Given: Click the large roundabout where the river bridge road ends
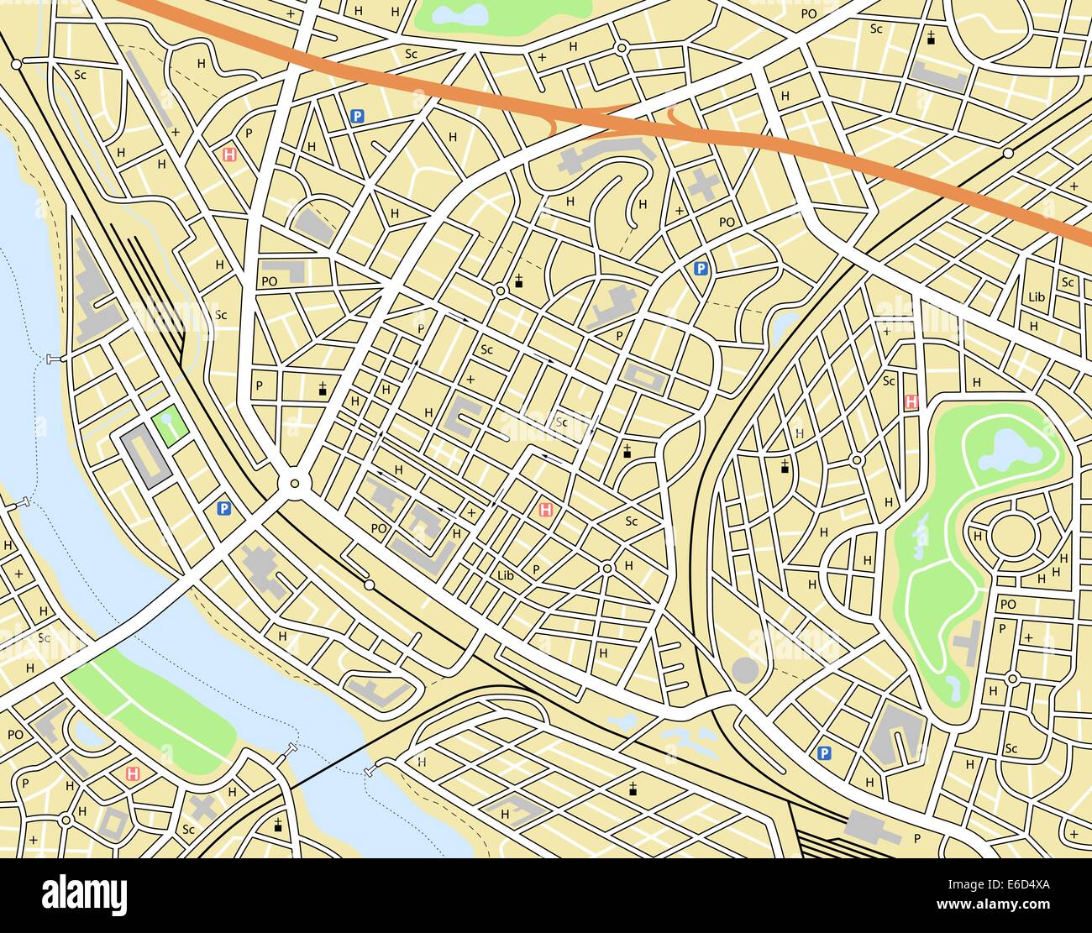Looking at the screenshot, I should click(293, 483).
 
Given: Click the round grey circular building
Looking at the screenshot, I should click(744, 670).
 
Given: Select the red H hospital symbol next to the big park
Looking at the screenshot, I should click(911, 402).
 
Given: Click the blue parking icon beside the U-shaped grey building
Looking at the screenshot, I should click(825, 753).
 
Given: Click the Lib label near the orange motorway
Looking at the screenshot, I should click(1036, 297).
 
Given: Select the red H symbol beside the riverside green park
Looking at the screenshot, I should click(132, 773).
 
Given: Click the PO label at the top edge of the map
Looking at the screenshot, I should click(808, 13).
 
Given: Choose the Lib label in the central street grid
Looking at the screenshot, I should click(505, 575).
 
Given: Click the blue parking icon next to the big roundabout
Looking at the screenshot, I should click(223, 508).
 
